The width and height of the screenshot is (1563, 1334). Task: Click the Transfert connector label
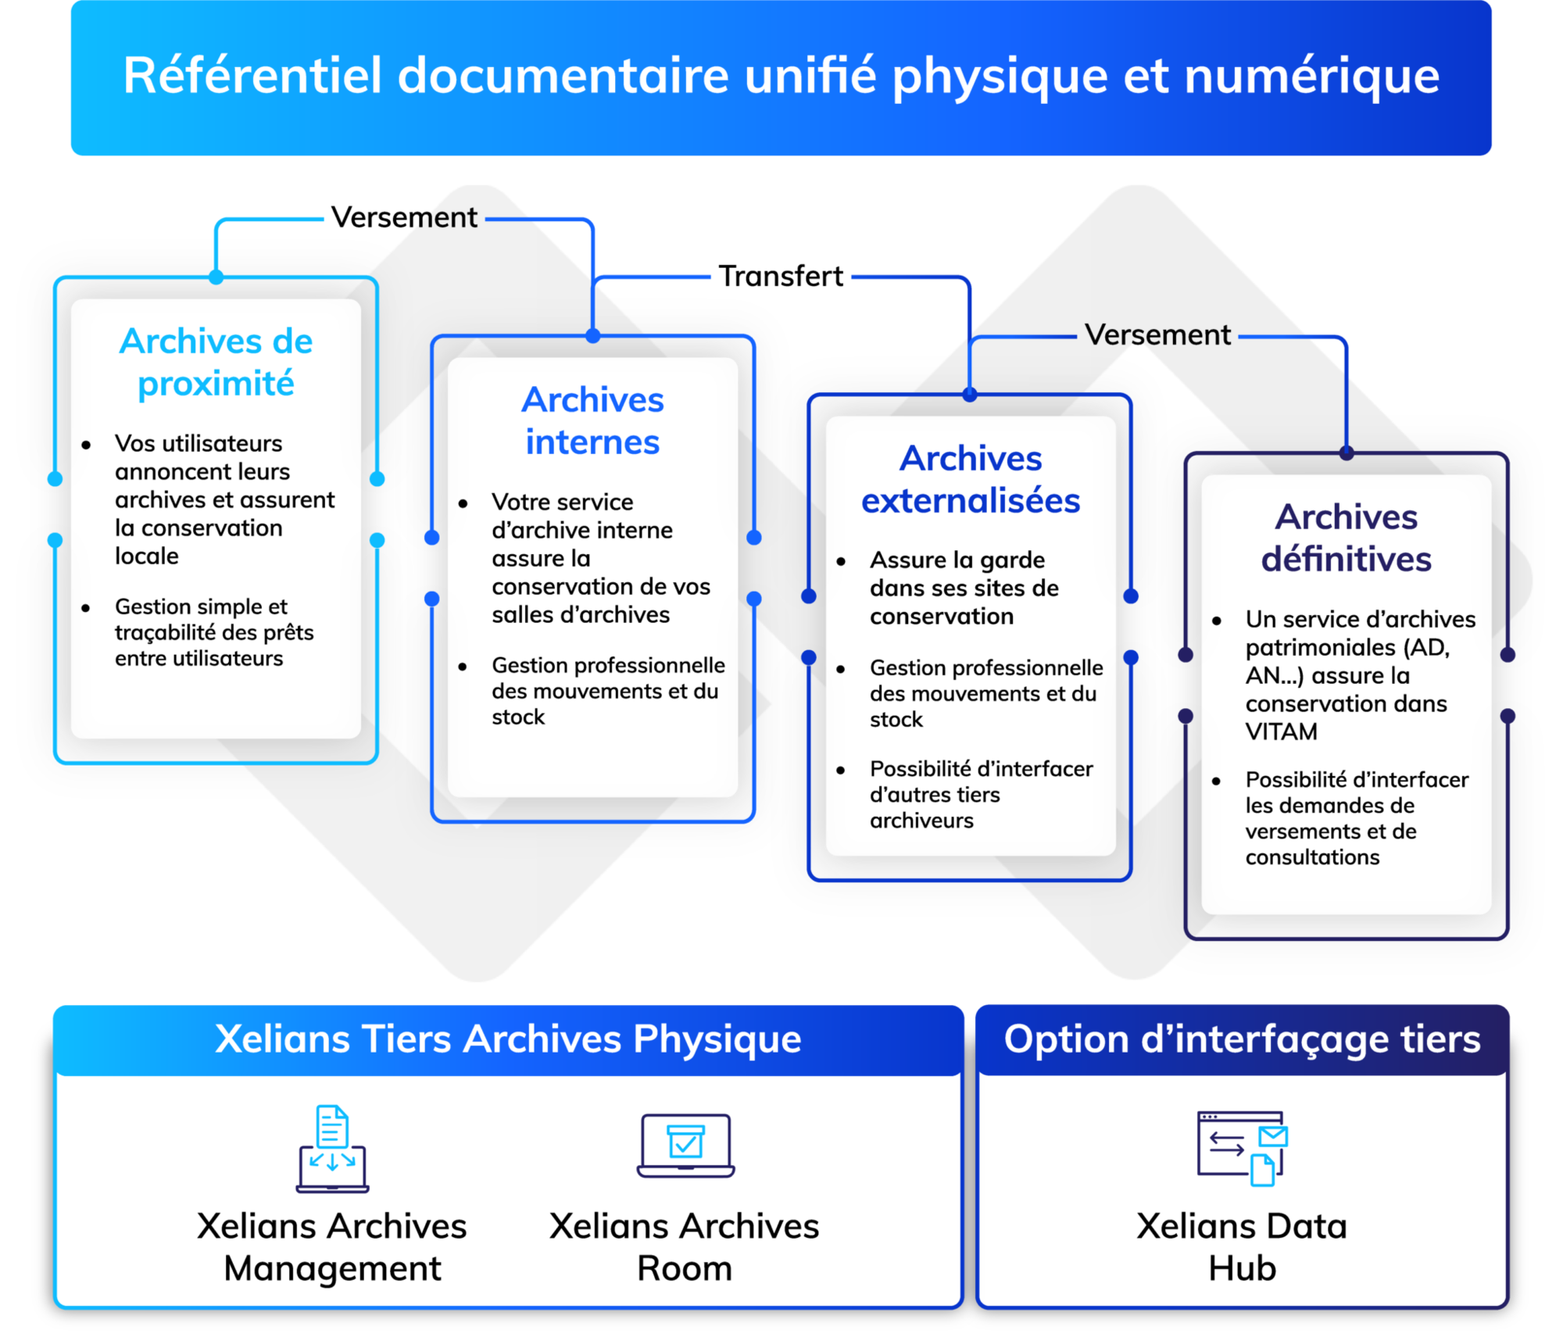point(781,277)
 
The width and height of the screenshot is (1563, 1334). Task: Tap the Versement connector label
point(1157,335)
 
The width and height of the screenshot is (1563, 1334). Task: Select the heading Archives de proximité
point(216,363)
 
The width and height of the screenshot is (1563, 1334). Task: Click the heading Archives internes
point(592,421)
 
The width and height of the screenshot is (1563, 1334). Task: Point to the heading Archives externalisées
point(970,480)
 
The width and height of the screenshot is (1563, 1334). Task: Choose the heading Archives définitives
point(1346,538)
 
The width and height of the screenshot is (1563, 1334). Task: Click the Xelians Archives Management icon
point(332,1148)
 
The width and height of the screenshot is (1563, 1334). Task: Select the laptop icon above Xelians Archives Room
point(685,1146)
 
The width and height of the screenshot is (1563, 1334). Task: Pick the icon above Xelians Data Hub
point(1242,1148)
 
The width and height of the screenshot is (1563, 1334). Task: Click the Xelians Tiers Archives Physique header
point(508,1039)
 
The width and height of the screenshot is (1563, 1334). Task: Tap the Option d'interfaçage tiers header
point(1242,1039)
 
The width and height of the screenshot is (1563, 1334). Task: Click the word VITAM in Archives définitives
point(1281,732)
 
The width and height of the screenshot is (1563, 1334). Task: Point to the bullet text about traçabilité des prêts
point(213,632)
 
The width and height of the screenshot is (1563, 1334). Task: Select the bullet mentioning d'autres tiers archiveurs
point(980,795)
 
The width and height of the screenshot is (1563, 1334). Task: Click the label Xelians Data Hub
point(1242,1247)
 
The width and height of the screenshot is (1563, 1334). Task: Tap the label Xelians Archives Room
point(684,1247)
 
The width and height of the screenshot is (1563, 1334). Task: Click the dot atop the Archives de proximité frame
point(216,277)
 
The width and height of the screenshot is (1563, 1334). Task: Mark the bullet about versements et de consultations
point(1356,818)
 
